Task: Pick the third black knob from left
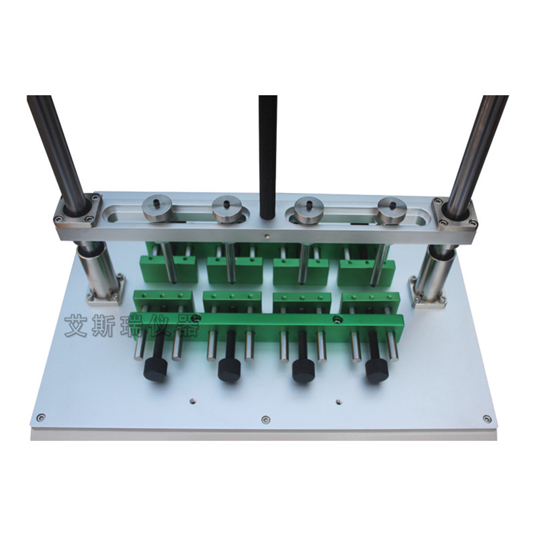point(304,370)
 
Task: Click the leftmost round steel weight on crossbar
point(158,209)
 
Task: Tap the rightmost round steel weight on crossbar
point(392,212)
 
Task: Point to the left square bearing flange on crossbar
point(78,212)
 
